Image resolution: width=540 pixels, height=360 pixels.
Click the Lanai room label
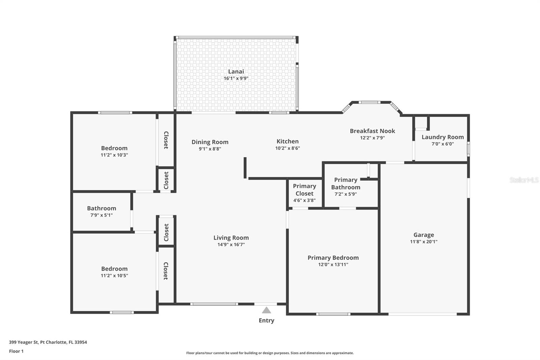coord(236,71)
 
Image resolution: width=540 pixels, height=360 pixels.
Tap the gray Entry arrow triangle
coord(267,310)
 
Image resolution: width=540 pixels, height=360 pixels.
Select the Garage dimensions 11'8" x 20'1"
coord(424,242)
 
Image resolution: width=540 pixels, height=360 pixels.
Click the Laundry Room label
coord(442,137)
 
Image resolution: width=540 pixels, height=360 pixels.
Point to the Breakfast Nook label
coord(372,131)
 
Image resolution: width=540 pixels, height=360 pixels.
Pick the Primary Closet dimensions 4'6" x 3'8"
coord(304,200)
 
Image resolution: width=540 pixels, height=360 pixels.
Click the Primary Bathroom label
coord(346,183)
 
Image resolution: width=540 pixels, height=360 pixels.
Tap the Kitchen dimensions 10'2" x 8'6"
coord(288,148)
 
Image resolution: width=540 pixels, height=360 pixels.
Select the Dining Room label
coord(210,142)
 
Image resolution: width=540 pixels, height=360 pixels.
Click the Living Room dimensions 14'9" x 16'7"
coord(231,245)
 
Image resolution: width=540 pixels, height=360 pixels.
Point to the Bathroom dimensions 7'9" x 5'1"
coord(101,215)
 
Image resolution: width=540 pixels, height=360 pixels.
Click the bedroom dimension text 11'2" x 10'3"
coord(114,155)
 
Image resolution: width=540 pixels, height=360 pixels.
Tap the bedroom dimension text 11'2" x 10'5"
coord(114,276)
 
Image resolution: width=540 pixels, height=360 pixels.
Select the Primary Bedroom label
coord(333,258)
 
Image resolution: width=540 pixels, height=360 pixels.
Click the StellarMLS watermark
coord(524,180)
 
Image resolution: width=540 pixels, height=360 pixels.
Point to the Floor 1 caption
coord(16,351)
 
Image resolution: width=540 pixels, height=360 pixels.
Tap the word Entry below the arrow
coord(266,320)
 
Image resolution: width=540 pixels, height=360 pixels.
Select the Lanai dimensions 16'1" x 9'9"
coord(236,78)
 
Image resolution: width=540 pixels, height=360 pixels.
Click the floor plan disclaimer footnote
coord(270,353)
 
